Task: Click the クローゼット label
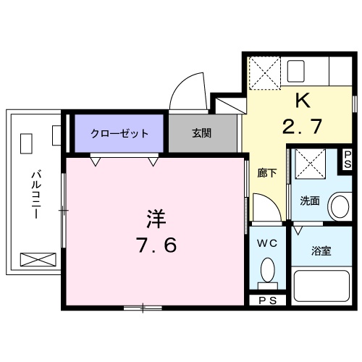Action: [x=119, y=133]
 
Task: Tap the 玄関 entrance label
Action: [x=203, y=133]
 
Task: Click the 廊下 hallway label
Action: [x=266, y=173]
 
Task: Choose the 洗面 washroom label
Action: [x=310, y=201]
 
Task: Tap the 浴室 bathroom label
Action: [x=321, y=251]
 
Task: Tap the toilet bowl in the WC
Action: [x=267, y=274]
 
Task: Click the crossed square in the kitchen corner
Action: [x=262, y=72]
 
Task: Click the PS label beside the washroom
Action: [x=348, y=159]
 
